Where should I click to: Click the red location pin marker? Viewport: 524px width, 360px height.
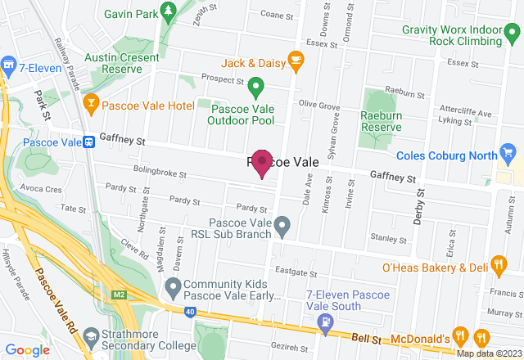(x=262, y=162)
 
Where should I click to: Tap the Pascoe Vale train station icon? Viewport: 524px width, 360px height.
(x=88, y=142)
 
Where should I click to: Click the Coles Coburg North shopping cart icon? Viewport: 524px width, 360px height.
(x=508, y=151)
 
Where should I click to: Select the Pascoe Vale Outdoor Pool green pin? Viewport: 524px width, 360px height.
(x=255, y=85)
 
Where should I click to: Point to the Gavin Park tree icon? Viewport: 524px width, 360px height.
(x=169, y=11)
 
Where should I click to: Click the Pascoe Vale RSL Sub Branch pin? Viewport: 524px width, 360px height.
(x=282, y=223)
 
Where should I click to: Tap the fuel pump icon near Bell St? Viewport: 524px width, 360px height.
(x=326, y=322)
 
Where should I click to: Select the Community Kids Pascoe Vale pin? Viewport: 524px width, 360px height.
(x=173, y=286)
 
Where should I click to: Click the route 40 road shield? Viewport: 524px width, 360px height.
(x=191, y=311)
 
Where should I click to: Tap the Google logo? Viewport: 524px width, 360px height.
(x=28, y=349)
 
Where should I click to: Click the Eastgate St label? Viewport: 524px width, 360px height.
(x=296, y=271)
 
